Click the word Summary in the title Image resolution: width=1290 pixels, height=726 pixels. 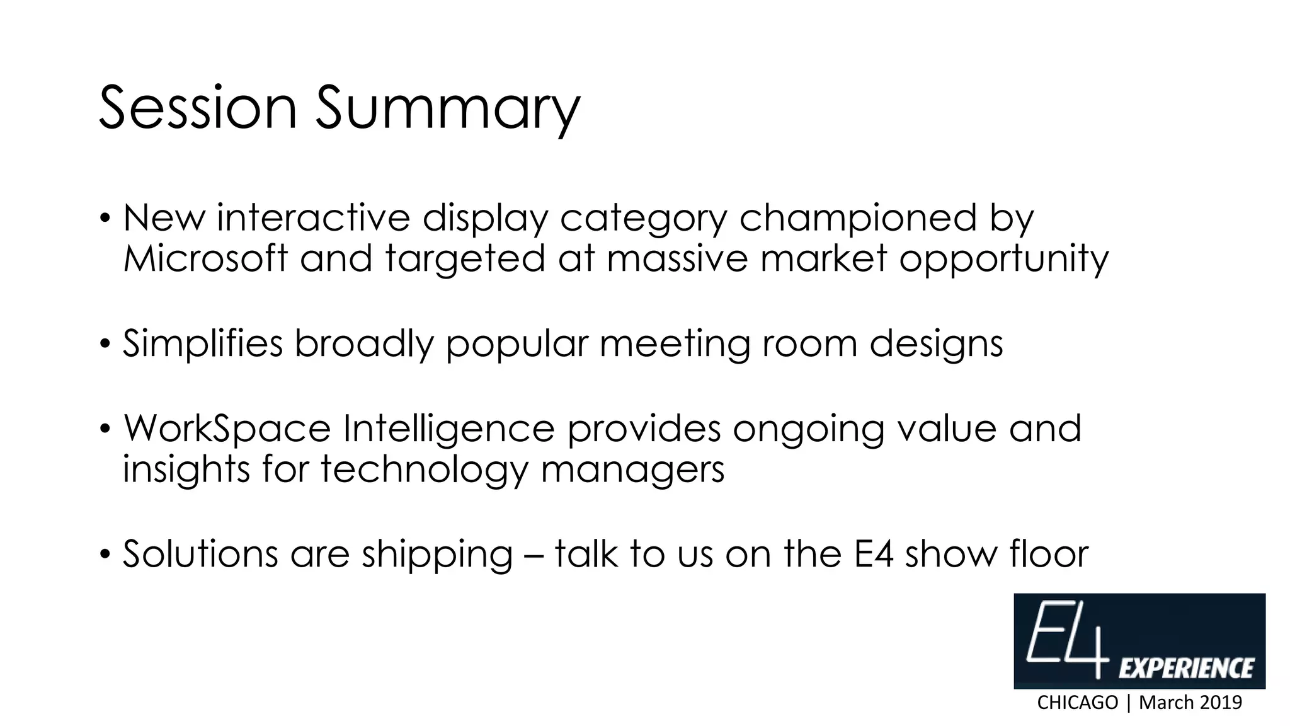[447, 110]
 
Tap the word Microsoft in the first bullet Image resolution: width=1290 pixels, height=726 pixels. [205, 258]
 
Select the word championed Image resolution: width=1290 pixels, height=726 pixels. [857, 218]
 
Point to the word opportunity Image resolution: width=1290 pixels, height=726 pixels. [1003, 260]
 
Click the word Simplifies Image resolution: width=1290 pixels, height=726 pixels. [202, 344]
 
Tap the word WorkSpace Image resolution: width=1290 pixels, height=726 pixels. [227, 429]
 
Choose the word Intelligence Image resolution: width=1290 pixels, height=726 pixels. [448, 430]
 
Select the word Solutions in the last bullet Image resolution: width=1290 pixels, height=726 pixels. [200, 555]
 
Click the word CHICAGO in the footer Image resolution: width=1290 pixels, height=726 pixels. [1077, 703]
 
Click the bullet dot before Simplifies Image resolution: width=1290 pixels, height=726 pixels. [105, 345]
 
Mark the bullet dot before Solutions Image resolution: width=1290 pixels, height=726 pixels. [105, 555]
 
